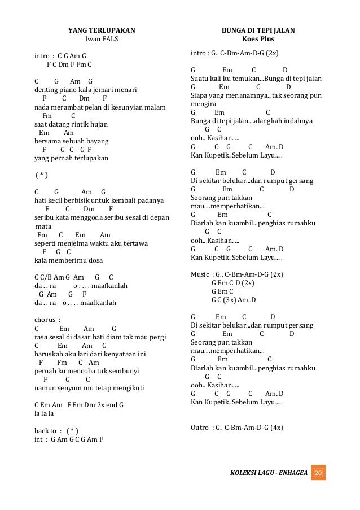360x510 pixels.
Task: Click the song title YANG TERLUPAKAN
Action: (x=102, y=30)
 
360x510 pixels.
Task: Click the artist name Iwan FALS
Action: (x=102, y=39)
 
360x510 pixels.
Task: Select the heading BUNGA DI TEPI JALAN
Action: (x=258, y=30)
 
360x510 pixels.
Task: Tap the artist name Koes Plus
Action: (x=258, y=39)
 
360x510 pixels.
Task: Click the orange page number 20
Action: (x=318, y=472)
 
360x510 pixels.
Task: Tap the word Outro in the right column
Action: (x=200, y=428)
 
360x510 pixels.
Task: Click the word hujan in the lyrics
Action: (x=99, y=124)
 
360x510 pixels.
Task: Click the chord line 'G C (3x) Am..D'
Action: (x=234, y=300)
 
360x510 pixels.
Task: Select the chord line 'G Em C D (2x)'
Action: (x=232, y=283)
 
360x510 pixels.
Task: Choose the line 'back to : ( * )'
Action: (x=56, y=430)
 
